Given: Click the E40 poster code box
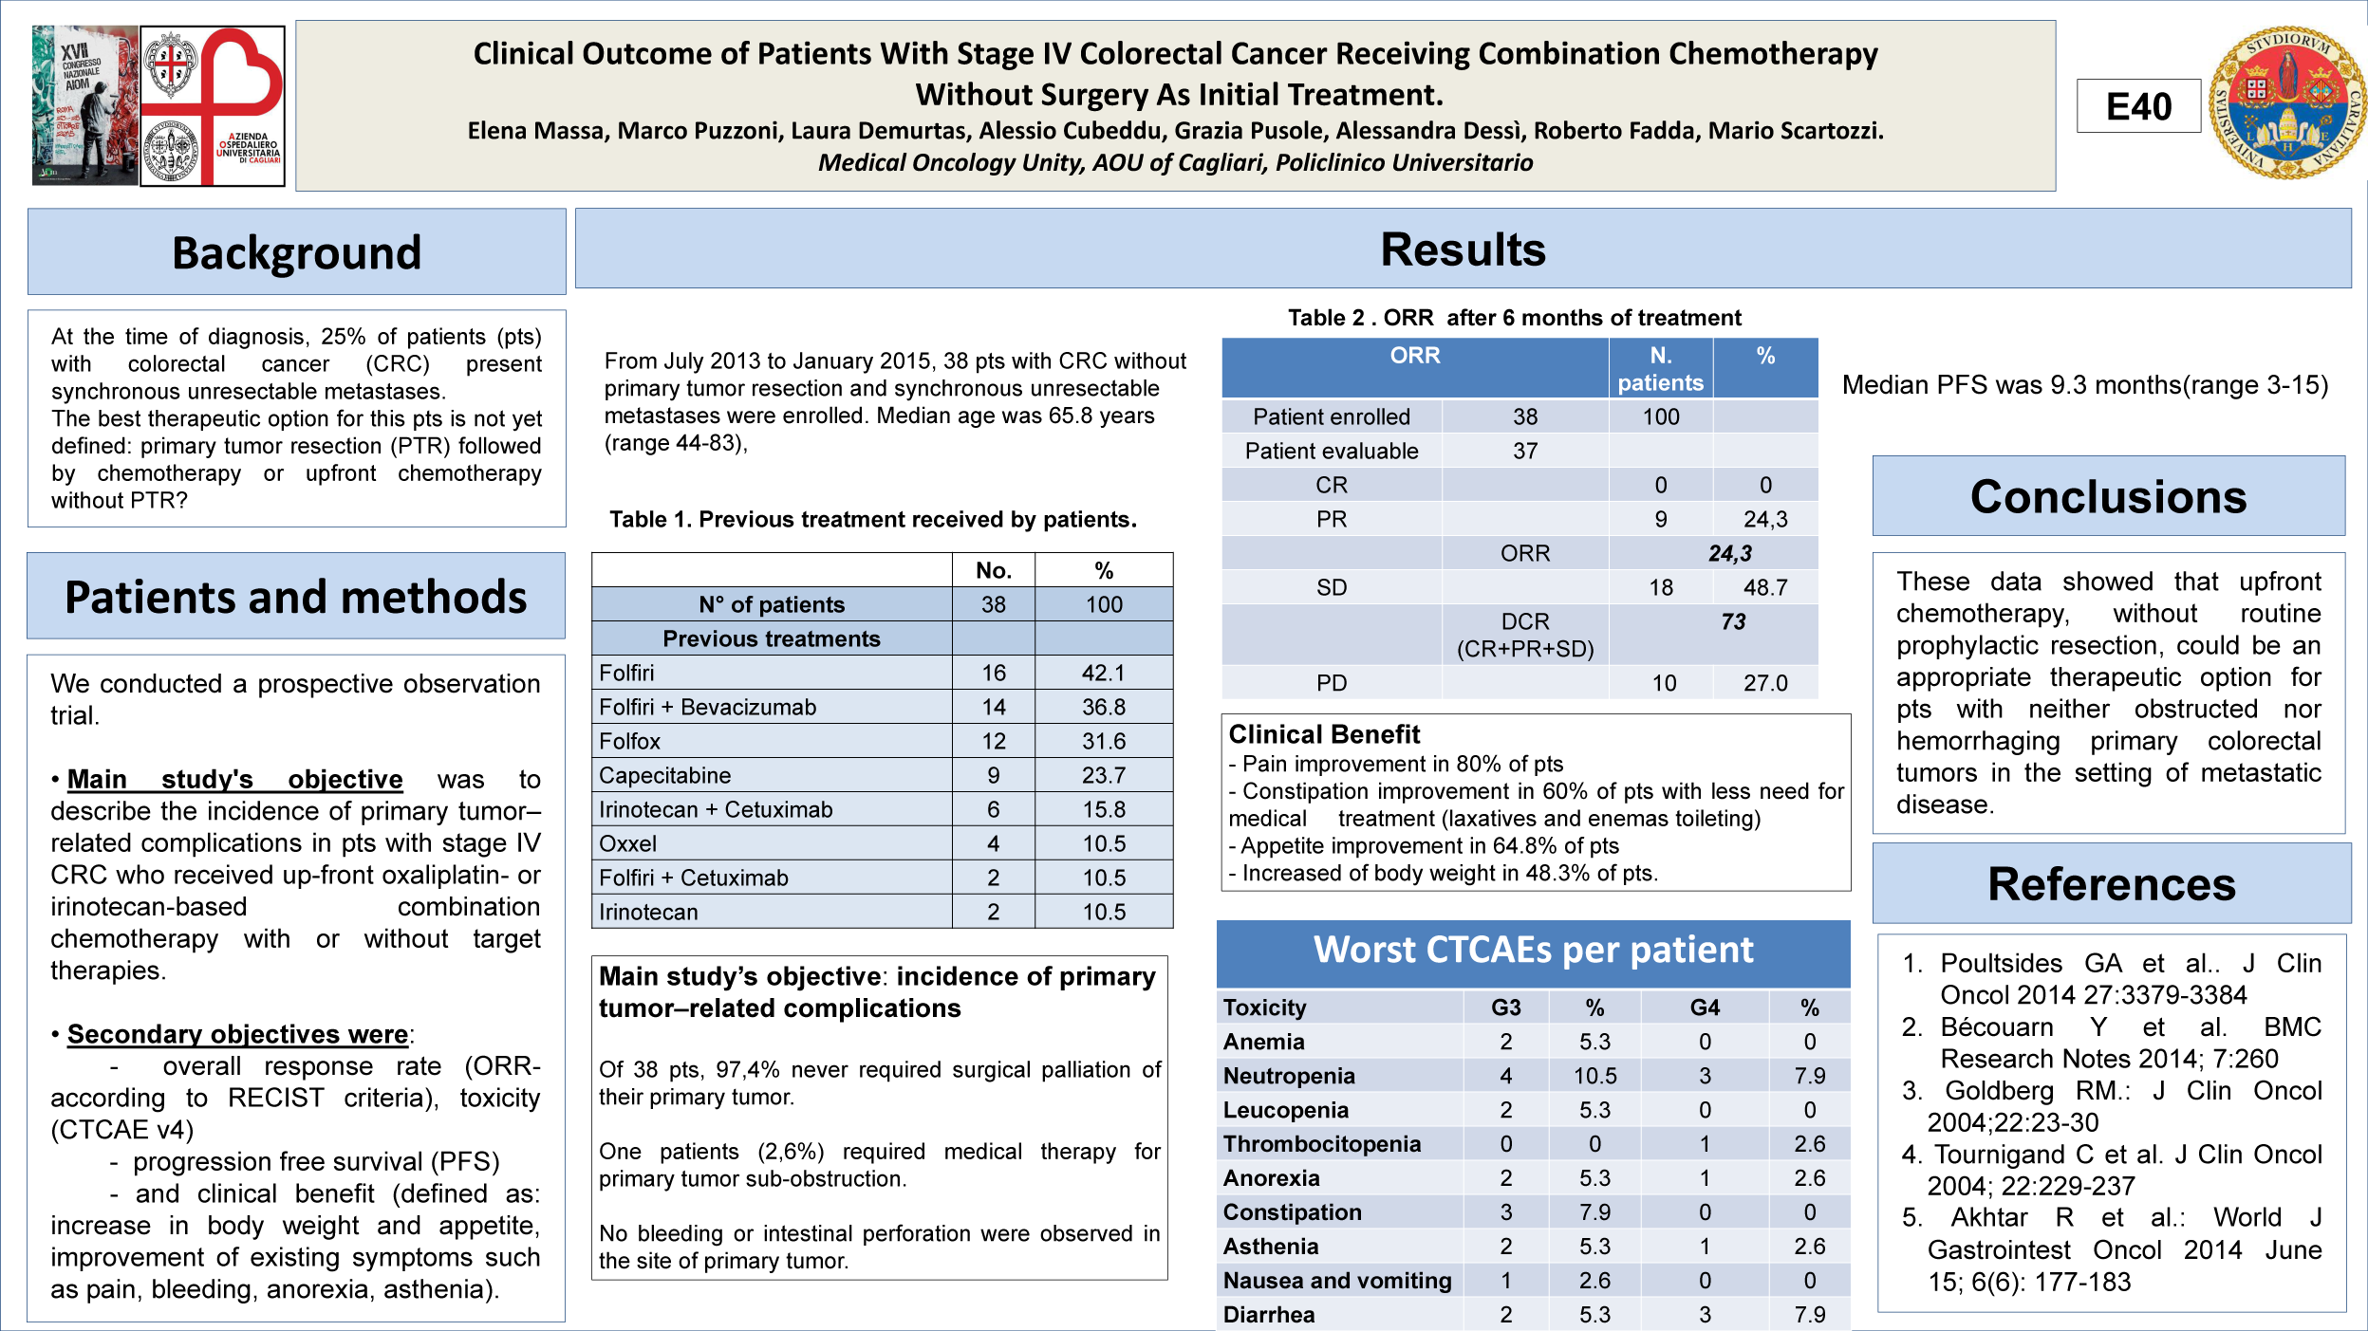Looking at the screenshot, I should tap(2137, 106).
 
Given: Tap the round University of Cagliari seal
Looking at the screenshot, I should tap(2286, 102).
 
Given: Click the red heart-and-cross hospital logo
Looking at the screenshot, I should tap(213, 105).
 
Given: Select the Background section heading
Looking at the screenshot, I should tap(296, 252).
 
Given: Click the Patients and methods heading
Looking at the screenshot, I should tap(295, 598).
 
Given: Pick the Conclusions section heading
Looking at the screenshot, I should tap(2108, 497).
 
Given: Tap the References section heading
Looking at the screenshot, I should tap(2111, 884).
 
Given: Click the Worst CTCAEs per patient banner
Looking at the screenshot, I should tap(1533, 951).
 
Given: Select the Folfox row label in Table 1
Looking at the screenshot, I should tap(630, 741).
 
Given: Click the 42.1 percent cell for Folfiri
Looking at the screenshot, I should tap(1103, 673).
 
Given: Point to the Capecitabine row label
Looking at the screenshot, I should tap(664, 775).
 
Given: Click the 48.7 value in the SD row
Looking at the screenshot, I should tap(1764, 587).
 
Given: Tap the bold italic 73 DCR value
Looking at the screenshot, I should tap(1733, 621).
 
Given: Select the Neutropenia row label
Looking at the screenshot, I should tap(1289, 1076).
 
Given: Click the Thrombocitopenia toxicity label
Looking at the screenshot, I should tap(1321, 1144).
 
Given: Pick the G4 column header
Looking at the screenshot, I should tap(1705, 1007).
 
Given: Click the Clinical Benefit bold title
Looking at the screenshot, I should tap(1324, 734).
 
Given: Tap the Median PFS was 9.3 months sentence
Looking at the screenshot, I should tap(2084, 385).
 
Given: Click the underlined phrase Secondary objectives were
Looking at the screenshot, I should tap(237, 1034).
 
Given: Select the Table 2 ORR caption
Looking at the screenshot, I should tap(1514, 318).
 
